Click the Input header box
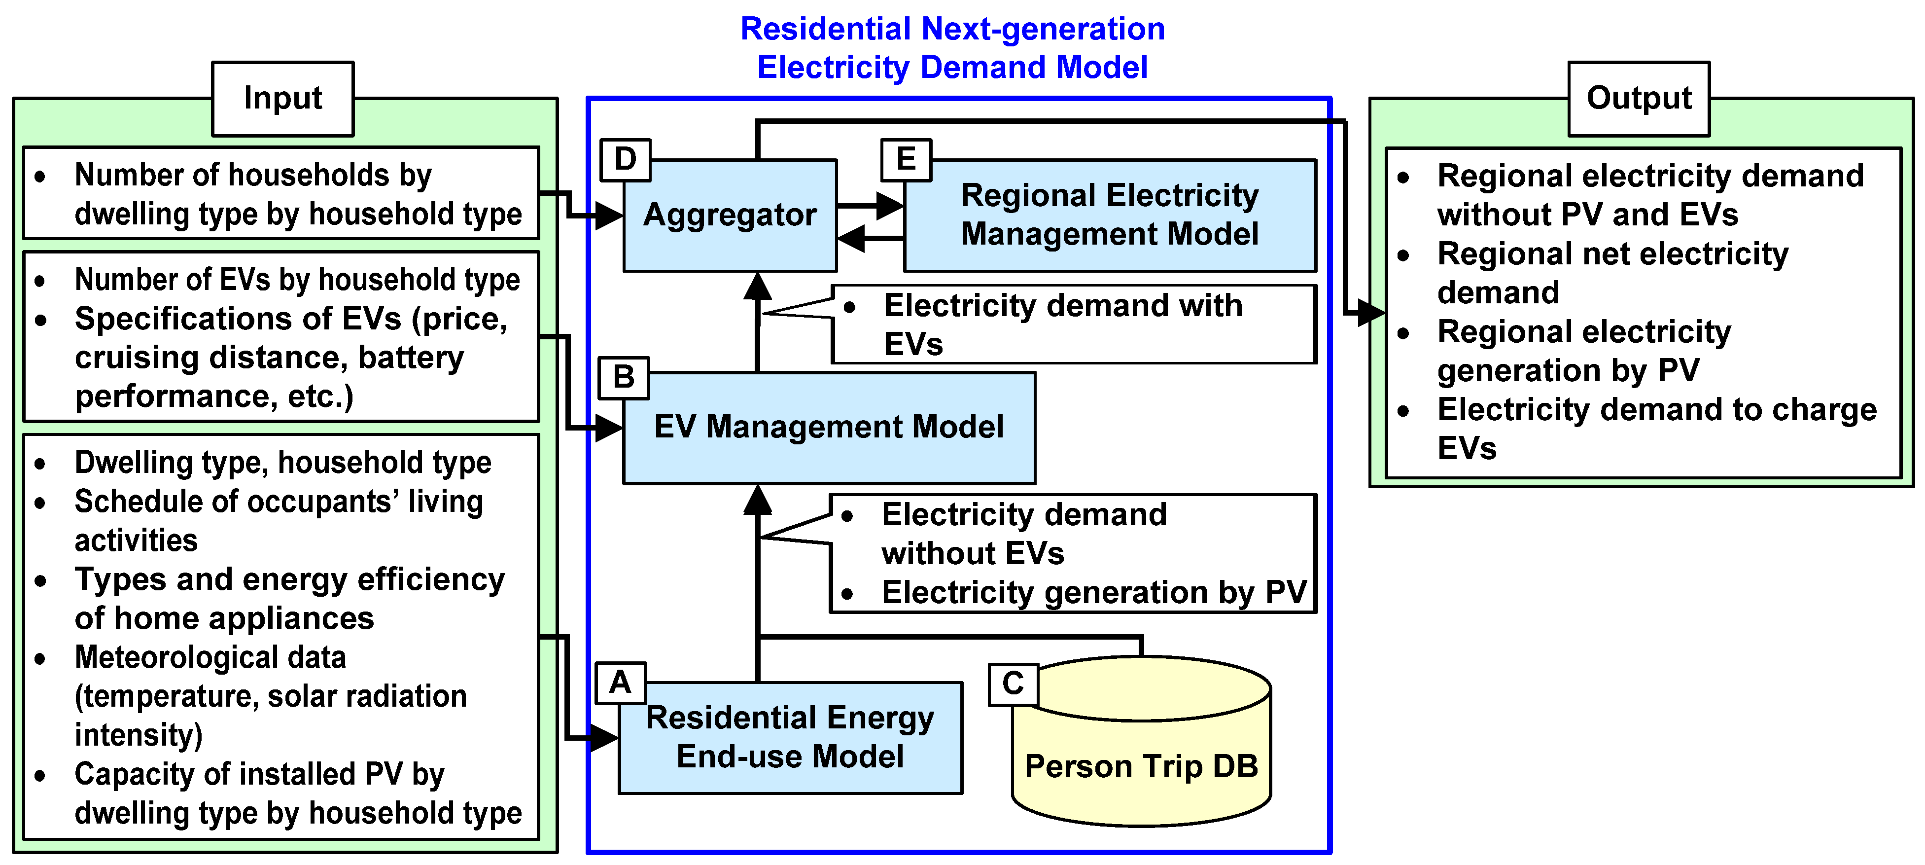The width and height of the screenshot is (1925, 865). click(x=282, y=99)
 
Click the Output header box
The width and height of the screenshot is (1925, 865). click(x=1638, y=99)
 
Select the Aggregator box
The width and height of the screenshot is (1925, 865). click(x=730, y=216)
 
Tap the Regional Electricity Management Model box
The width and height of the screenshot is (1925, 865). click(x=1109, y=216)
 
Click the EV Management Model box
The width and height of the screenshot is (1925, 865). click(x=828, y=428)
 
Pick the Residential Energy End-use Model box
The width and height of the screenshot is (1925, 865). click(x=790, y=737)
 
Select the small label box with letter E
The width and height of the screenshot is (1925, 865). click(x=906, y=159)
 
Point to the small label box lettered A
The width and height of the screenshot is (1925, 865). click(x=620, y=683)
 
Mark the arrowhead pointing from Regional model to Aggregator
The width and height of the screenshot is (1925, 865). click(x=852, y=239)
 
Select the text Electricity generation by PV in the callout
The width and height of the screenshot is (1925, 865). click(x=1093, y=593)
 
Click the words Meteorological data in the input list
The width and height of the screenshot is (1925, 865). click(x=210, y=658)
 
